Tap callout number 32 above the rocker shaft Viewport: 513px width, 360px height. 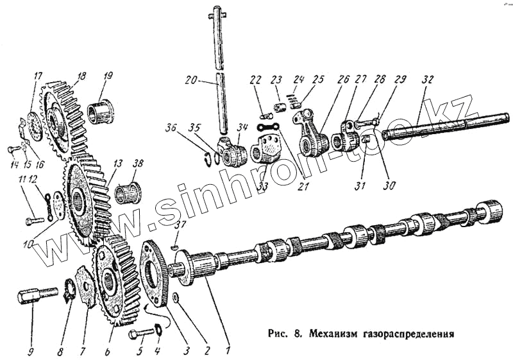(428, 80)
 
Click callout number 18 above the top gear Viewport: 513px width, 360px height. (81, 76)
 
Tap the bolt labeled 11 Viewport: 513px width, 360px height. (33, 221)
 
